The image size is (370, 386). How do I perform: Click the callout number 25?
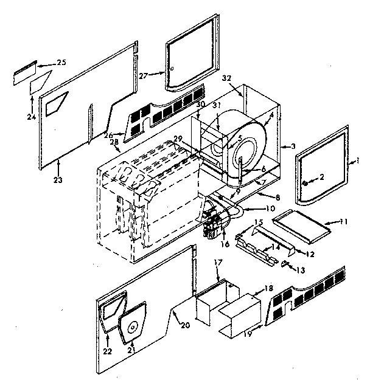tap(61, 63)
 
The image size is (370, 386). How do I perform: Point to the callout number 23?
tap(59, 180)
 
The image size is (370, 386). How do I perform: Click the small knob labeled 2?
tap(304, 182)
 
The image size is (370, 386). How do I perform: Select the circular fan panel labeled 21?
tap(132, 323)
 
